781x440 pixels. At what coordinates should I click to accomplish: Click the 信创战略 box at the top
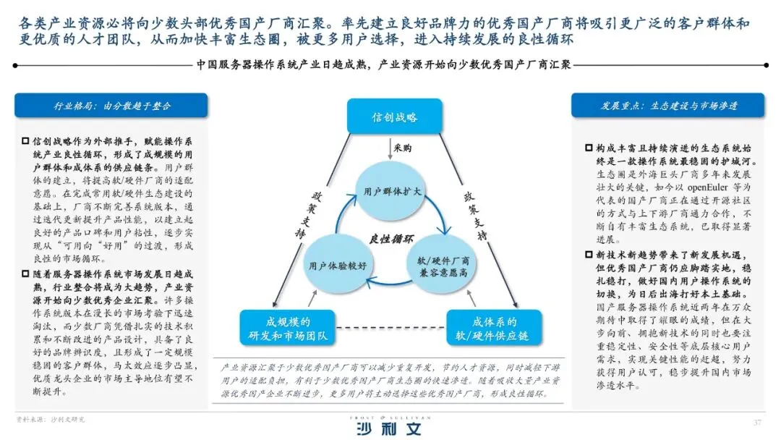[x=394, y=117]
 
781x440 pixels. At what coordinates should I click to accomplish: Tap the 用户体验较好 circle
[x=338, y=265]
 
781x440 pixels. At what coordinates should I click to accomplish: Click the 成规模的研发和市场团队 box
[x=287, y=329]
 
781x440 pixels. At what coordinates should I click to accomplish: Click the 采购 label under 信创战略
[x=403, y=149]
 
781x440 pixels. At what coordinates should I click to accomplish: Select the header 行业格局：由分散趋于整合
[x=111, y=106]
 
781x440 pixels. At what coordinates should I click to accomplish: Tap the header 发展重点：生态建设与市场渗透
[x=669, y=106]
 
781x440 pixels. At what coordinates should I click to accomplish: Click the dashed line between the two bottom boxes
[x=390, y=329]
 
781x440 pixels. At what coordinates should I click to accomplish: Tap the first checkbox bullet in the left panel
[x=26, y=141]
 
